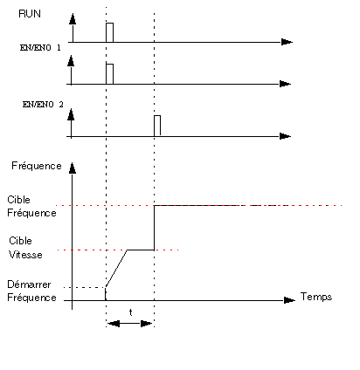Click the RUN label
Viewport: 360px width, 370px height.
[30, 14]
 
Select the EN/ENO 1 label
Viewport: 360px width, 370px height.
[40, 48]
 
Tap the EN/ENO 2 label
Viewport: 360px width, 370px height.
[43, 105]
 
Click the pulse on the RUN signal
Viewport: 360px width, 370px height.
[109, 32]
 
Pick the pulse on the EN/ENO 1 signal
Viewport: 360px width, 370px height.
[109, 74]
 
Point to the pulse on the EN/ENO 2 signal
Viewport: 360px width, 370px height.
[157, 126]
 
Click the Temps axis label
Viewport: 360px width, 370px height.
[316, 297]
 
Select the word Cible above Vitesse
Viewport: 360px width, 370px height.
[20, 241]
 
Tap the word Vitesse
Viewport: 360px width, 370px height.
[25, 255]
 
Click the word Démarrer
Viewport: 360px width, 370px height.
[29, 284]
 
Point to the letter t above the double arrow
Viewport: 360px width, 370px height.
[131, 312]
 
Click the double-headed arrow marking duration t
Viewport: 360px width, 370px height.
[129, 324]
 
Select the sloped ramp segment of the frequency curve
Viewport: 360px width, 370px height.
[116, 269]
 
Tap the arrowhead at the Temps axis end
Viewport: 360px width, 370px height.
[289, 300]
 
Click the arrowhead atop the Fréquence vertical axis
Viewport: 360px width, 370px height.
[72, 168]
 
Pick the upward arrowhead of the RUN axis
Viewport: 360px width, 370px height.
[73, 18]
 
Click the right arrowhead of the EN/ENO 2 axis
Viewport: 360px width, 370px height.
[285, 136]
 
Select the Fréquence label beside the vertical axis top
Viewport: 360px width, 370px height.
[37, 166]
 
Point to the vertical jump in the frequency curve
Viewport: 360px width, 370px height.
[154, 228]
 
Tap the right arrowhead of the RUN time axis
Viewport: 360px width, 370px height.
[287, 42]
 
